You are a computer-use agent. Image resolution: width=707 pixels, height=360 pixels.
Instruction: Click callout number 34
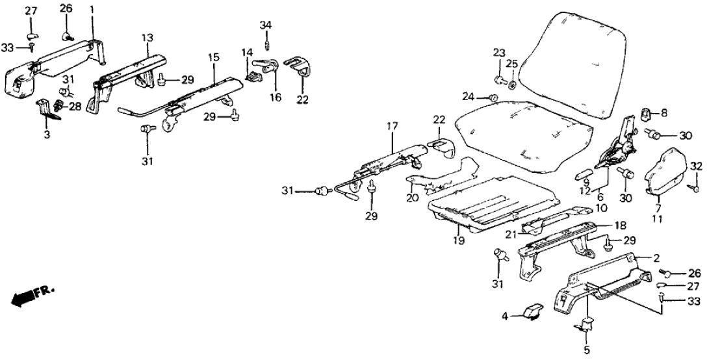(x=266, y=25)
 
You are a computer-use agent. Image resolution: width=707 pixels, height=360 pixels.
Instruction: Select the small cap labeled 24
(x=493, y=98)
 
